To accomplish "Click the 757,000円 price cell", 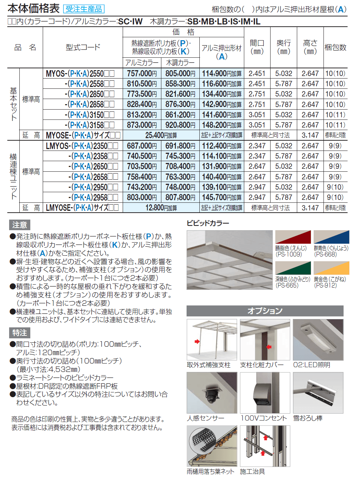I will click(142, 73).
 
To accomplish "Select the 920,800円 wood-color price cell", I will click(180, 125).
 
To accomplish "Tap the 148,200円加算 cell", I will click(222, 125).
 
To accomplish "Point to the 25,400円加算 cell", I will click(161, 135).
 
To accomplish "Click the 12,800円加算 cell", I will click(161, 208).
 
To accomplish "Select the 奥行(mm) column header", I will click(284, 47).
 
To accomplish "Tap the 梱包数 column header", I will click(335, 47).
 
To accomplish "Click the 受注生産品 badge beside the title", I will click(84, 9).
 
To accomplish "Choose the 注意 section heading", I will click(20, 225).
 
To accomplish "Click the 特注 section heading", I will click(20, 333).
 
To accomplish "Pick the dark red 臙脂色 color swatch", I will click(293, 237).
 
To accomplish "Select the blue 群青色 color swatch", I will click(331, 237).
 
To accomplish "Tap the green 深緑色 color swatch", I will click(293, 268).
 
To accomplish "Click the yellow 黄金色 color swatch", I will click(331, 268).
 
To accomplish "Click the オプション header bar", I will click(265, 311).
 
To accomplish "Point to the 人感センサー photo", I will click(212, 393).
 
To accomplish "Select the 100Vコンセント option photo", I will click(265, 393).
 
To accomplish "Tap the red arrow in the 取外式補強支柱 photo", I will click(197, 342).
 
